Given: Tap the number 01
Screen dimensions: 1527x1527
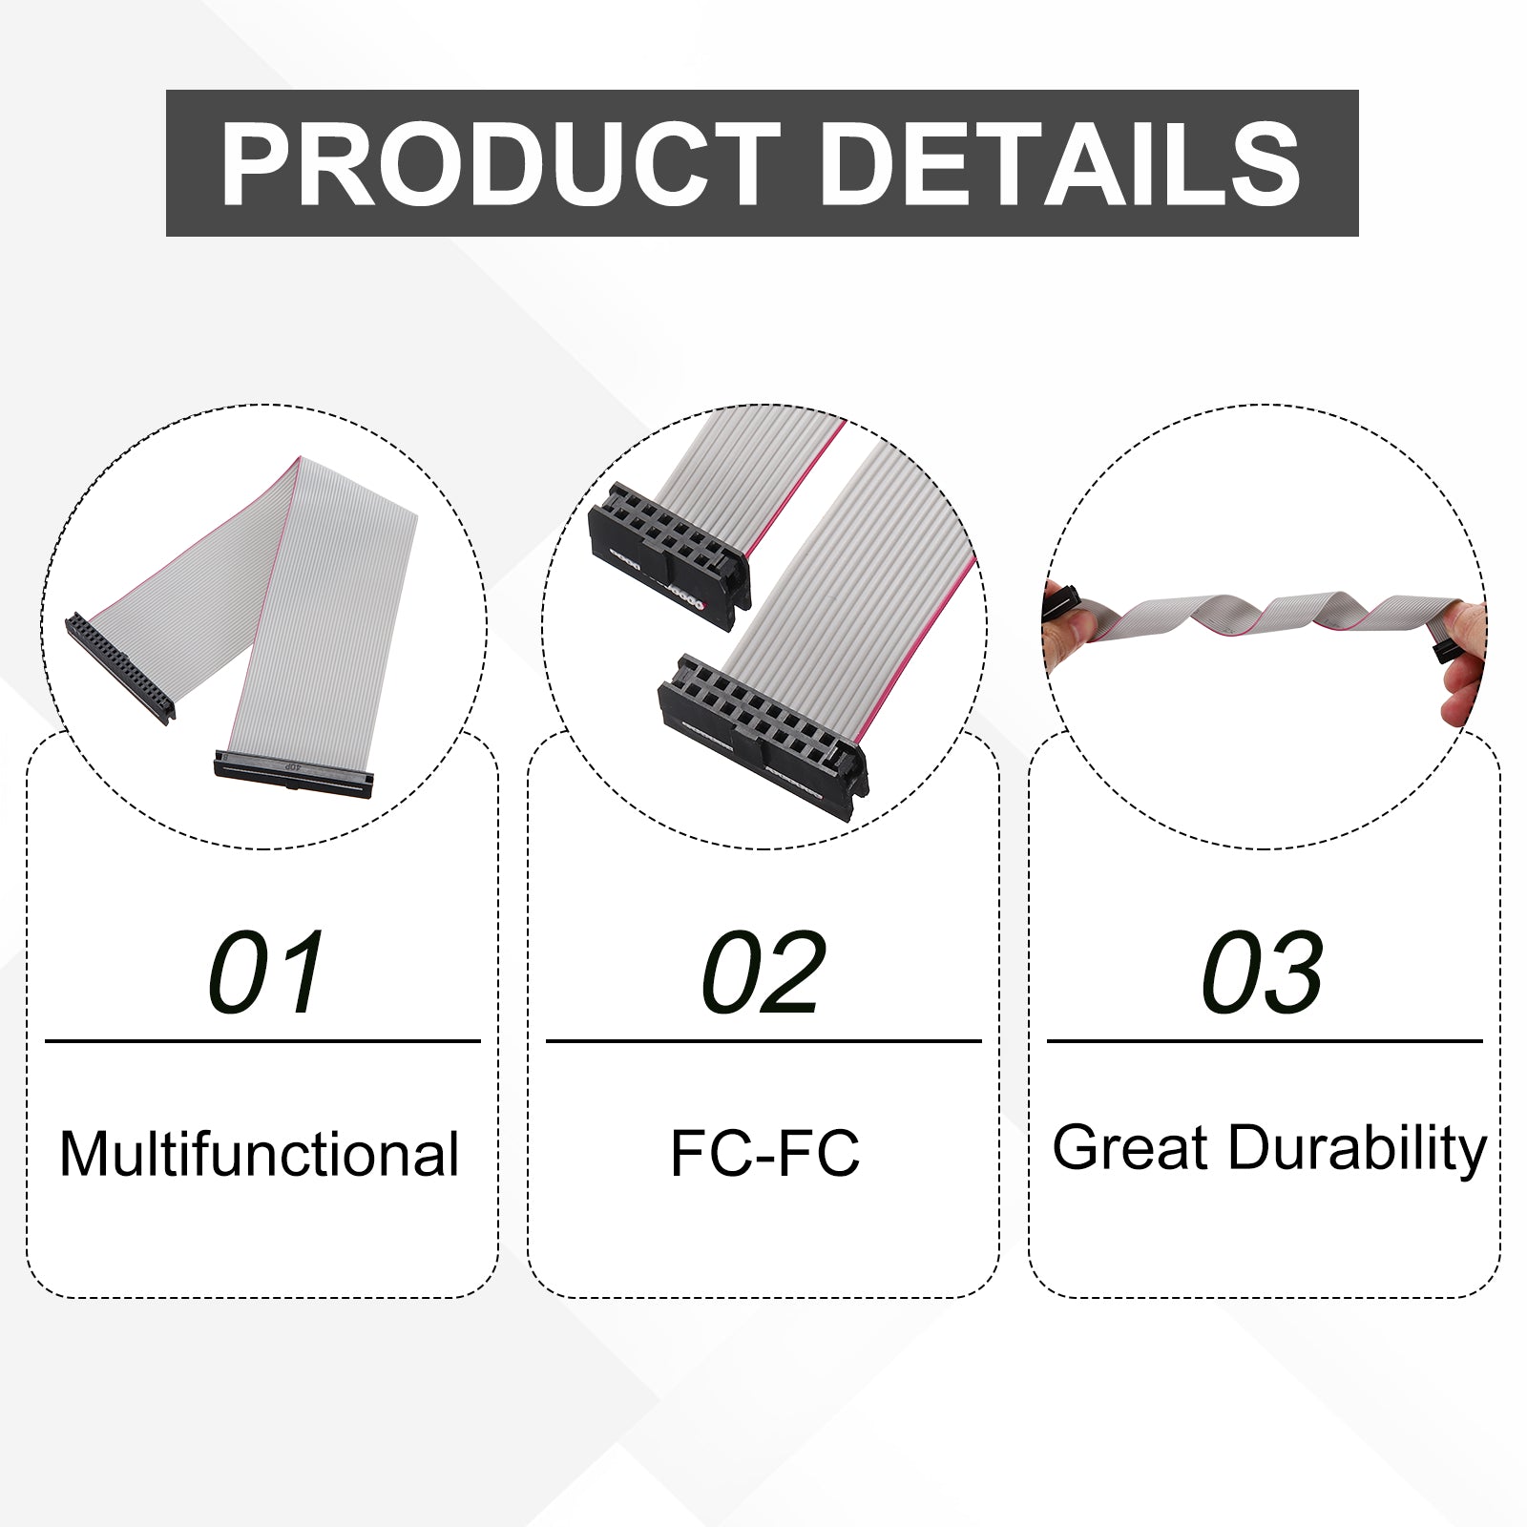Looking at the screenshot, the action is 266,973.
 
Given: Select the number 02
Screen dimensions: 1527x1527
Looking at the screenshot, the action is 763,973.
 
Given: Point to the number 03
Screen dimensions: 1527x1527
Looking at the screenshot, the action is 1262,973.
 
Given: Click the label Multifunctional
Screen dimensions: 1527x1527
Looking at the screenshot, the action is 260,1154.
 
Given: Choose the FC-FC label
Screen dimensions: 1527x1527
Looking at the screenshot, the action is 764,1153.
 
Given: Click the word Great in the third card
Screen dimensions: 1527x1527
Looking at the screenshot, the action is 1130,1148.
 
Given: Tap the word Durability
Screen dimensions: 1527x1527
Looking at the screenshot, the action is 1357,1148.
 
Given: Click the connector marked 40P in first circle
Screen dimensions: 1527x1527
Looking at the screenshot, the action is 294,773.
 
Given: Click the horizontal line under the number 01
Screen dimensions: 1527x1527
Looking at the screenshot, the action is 262,1041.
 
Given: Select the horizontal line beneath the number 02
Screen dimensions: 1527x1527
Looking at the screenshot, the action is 763,1041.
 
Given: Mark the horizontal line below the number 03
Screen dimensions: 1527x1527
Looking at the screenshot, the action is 1265,1041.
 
